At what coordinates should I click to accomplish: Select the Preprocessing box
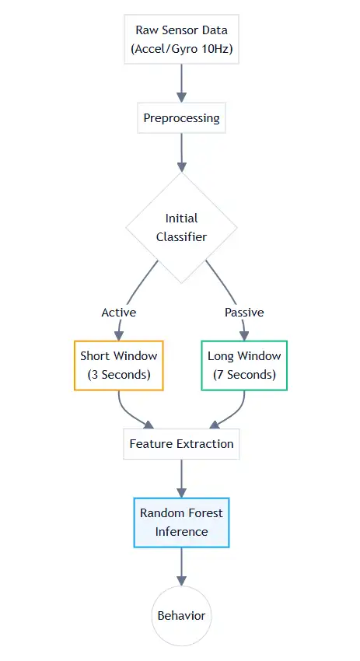(181, 118)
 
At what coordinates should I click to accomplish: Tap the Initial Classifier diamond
(181, 227)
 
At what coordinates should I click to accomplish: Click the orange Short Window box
(118, 365)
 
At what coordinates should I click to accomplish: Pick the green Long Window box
(244, 365)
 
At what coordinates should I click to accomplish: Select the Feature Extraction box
(181, 443)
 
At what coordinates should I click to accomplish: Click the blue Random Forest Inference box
(181, 522)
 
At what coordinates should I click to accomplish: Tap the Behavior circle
(181, 615)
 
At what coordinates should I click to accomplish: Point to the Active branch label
(118, 312)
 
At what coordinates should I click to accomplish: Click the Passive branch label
(244, 312)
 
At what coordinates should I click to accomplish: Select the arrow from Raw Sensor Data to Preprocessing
(181, 82)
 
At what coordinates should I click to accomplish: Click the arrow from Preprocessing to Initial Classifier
(181, 152)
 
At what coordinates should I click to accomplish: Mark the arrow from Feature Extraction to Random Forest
(181, 477)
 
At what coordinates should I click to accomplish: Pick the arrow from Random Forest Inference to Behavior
(181, 565)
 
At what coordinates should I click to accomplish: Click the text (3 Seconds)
(118, 374)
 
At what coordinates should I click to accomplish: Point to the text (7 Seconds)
(244, 374)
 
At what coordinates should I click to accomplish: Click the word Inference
(181, 532)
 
